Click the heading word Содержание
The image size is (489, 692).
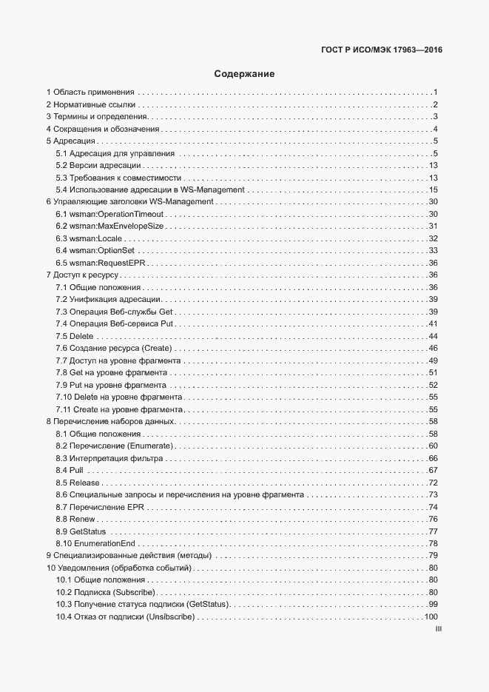coord(244,74)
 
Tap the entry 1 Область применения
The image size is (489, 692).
coord(90,93)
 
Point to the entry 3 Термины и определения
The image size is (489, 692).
coord(96,117)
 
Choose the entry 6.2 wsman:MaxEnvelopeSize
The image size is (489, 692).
coord(110,226)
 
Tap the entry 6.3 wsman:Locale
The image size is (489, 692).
coord(90,238)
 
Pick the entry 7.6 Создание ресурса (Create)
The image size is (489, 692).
coord(113,348)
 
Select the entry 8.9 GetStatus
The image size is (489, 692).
coord(81,531)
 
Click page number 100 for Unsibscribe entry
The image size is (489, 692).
coord(431,617)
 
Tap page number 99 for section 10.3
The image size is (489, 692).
coord(434,605)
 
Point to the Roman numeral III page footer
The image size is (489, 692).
coord(437,629)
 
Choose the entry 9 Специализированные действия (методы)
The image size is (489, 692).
coord(129,555)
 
